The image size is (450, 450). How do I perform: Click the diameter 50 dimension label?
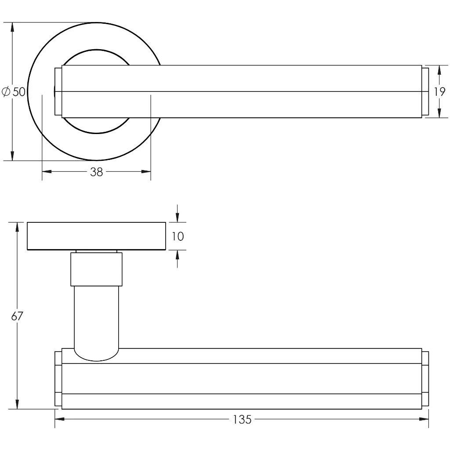(14, 91)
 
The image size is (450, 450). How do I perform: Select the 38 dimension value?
(96, 172)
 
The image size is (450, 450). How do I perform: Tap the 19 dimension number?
(439, 91)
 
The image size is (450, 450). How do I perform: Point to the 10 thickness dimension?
(178, 236)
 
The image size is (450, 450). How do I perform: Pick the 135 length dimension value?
(242, 419)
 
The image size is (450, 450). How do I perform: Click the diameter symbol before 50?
(6, 91)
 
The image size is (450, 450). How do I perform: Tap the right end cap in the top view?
(425, 91)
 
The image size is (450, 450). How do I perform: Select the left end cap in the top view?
(58, 91)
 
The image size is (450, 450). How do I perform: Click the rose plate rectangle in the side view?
(96, 236)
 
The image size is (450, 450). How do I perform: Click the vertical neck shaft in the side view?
(96, 316)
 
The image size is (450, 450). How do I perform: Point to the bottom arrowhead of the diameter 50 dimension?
(12, 156)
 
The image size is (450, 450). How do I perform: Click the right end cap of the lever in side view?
(425, 379)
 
